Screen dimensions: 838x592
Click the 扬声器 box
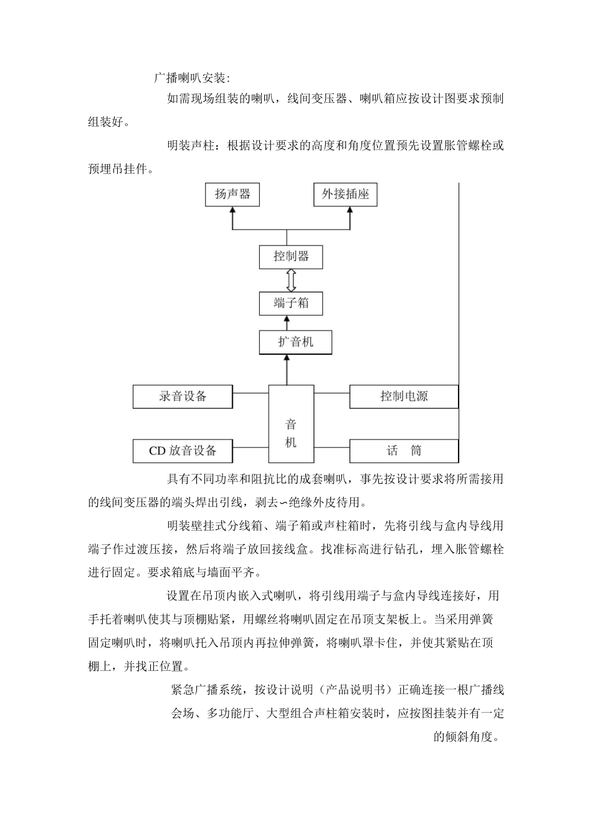pyautogui.click(x=232, y=195)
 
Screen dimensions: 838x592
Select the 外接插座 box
pyautogui.click(x=345, y=195)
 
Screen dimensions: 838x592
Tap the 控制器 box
pyautogui.click(x=291, y=256)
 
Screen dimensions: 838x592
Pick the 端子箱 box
pyautogui.click(x=291, y=304)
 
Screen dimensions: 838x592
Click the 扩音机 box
pyautogui.click(x=295, y=342)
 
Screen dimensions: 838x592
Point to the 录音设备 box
pyautogui.click(x=183, y=397)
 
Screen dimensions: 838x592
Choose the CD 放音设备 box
pyautogui.click(x=183, y=451)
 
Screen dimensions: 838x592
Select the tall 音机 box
pyautogui.click(x=291, y=424)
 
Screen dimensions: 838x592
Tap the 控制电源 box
pyautogui.click(x=404, y=397)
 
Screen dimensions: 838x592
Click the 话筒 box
pyautogui.click(x=404, y=451)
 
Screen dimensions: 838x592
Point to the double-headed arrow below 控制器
pyautogui.click(x=290, y=280)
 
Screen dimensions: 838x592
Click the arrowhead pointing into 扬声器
pyautogui.click(x=232, y=211)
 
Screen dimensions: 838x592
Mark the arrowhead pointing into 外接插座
pyautogui.click(x=350, y=211)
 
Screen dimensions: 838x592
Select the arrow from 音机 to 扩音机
pyautogui.click(x=287, y=370)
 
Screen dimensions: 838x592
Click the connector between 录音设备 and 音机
pyautogui.click(x=251, y=393)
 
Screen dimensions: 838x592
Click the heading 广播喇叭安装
pyautogui.click(x=192, y=79)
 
